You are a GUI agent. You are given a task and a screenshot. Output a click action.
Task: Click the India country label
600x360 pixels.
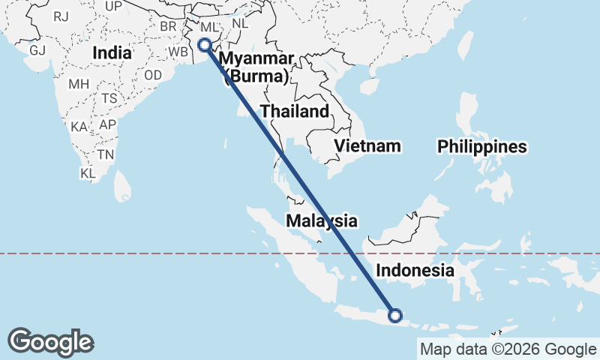pos(112,53)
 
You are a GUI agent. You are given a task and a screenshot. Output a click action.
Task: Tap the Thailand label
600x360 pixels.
pos(295,112)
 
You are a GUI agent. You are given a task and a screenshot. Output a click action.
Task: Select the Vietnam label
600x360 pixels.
pos(367,145)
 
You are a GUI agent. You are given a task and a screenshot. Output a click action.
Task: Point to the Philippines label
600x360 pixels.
pos(482,146)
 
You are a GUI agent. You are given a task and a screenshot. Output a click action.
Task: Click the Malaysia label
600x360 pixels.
pos(321,220)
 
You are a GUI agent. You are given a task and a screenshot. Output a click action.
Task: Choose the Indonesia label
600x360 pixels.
pos(415,270)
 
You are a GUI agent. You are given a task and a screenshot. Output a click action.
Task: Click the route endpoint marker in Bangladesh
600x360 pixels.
pos(203,45)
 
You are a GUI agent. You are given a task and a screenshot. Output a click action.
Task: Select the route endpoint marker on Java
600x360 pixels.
pos(395,316)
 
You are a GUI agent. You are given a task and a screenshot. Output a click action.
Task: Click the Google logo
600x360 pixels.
pos(50,342)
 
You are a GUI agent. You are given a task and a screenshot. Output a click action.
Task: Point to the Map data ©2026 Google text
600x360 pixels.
pos(507,349)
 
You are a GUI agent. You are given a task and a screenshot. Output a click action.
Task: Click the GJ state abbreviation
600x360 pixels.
pos(37,50)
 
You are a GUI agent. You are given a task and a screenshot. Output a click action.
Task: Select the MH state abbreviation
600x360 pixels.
pos(79,84)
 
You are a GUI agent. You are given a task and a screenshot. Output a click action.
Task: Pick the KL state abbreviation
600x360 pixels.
pos(88,173)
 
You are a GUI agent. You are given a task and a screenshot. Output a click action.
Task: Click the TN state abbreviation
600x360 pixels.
pos(105,155)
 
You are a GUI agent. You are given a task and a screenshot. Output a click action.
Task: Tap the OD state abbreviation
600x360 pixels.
pos(153,75)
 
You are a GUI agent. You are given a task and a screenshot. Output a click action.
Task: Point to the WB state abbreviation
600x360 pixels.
pos(178,52)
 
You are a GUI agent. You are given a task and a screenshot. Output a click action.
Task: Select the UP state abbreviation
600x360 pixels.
pos(114,6)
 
